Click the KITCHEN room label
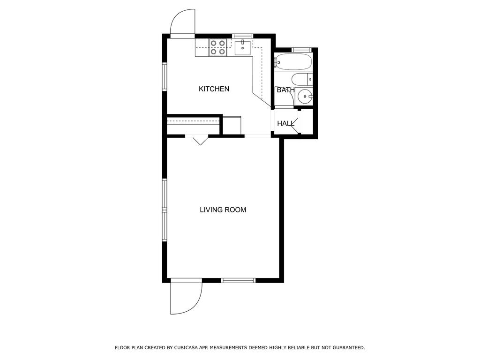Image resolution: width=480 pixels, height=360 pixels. (x=214, y=89)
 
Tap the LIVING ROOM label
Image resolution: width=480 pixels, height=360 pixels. (x=223, y=210)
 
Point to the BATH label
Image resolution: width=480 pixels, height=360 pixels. (x=285, y=90)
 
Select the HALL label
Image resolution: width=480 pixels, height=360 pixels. (x=285, y=124)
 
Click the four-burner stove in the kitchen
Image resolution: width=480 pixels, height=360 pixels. (x=218, y=48)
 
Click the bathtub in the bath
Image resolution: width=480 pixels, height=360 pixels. (x=293, y=61)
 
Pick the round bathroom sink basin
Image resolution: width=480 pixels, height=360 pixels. (x=305, y=97)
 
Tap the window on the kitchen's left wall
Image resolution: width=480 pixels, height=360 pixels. (x=165, y=76)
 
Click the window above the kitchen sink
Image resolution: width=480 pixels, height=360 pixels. (x=242, y=36)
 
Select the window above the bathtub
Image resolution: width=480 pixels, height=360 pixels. (x=301, y=50)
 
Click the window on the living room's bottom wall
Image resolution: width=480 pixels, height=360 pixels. (x=238, y=280)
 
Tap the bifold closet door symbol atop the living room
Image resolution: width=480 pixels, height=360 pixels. (x=200, y=140)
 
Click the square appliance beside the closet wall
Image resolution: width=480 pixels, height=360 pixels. (x=232, y=125)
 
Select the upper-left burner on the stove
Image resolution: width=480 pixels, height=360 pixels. (x=214, y=43)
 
